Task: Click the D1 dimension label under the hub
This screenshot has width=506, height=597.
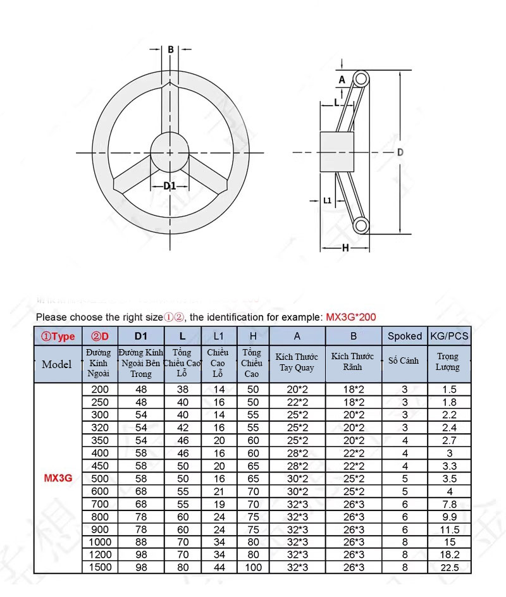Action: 169,185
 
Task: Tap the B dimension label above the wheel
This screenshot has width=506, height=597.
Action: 171,49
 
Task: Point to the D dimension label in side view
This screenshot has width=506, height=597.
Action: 400,152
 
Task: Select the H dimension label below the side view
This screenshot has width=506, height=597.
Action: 345,248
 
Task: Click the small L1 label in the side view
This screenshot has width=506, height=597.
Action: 327,200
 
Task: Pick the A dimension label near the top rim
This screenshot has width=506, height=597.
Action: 342,80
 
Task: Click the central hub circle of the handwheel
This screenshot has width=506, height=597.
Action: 170,152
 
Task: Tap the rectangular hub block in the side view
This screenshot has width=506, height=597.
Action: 336,152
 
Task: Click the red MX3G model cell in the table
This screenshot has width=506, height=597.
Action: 58,478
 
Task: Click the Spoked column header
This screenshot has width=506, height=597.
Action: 405,336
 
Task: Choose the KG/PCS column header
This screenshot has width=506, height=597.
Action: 449,336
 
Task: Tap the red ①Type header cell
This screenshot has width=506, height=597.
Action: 58,336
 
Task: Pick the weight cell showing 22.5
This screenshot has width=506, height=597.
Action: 449,567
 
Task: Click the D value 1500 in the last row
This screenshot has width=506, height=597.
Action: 100,567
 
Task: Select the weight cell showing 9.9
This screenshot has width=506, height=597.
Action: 449,517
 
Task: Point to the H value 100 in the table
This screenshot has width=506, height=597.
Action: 252,567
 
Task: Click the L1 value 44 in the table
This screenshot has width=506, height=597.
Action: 219,567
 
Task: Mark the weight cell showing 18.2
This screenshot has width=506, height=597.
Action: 449,555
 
